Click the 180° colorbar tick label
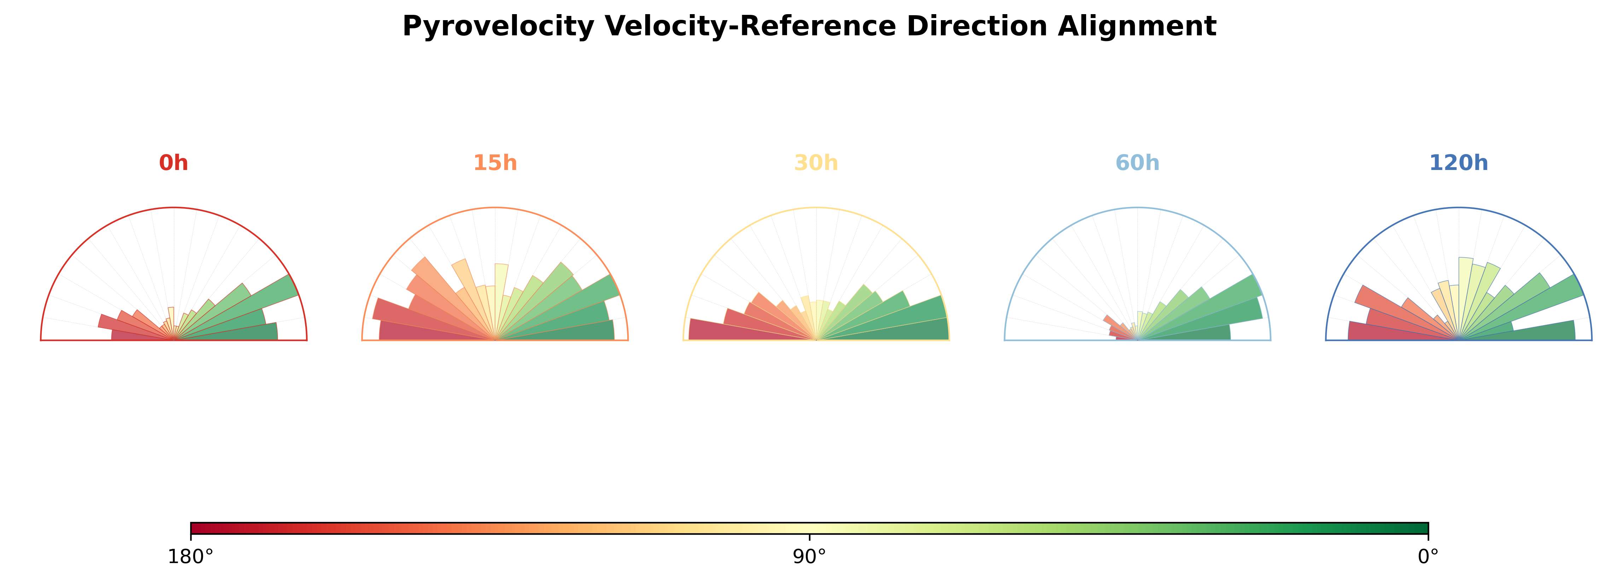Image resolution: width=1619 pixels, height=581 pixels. (191, 557)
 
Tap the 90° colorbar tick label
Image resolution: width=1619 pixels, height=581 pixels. (810, 557)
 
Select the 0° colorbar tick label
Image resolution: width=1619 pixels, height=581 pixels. (1428, 557)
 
